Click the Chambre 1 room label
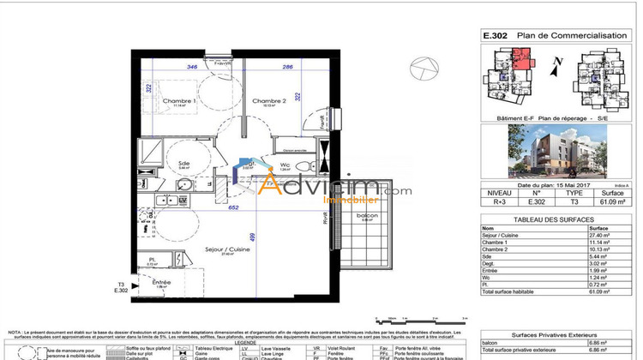(x=181, y=101)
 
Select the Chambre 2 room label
(x=267, y=101)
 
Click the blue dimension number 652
(x=232, y=207)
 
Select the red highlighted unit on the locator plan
(x=520, y=61)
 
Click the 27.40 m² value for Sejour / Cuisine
(x=597, y=236)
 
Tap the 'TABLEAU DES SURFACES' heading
(x=552, y=220)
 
